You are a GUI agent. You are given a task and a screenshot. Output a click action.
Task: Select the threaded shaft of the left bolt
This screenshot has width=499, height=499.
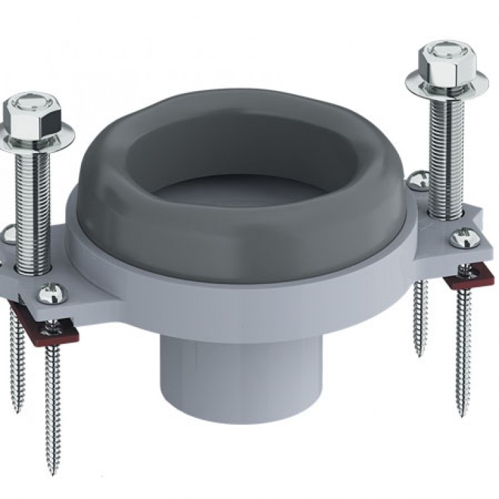pos(34,202)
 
